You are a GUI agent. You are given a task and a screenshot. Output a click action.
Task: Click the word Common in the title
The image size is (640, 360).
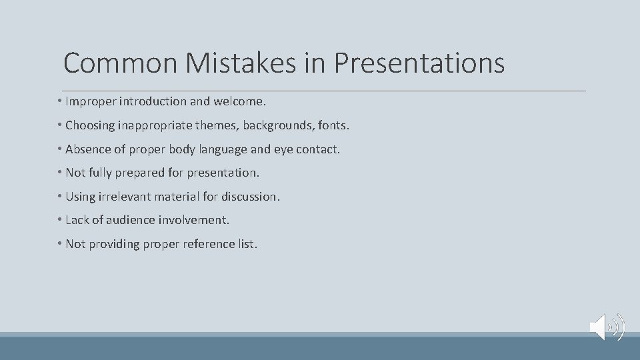click(119, 63)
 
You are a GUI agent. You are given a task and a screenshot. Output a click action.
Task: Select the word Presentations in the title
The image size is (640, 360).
click(419, 63)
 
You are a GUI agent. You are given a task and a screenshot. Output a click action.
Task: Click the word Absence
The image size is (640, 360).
click(87, 149)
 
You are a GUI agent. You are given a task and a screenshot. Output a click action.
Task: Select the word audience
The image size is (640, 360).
click(129, 220)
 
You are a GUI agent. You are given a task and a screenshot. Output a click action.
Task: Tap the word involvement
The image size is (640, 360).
click(194, 220)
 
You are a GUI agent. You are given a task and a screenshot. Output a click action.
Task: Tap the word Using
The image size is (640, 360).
click(81, 197)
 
